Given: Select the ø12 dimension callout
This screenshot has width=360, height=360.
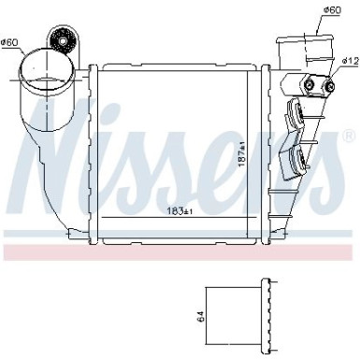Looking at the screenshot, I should pyautogui.click(x=349, y=61).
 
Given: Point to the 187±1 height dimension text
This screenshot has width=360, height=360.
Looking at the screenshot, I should pyautogui.click(x=241, y=160).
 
